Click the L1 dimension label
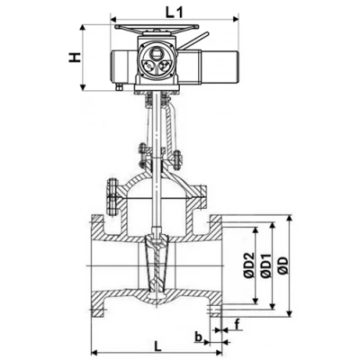[175, 13]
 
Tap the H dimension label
[75, 58]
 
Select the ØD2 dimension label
[248, 265]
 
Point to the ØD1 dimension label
[265, 265]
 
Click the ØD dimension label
[283, 265]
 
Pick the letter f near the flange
[238, 325]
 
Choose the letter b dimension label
[198, 337]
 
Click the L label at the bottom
[157, 346]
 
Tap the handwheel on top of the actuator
[157, 28]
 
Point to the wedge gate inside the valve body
[157, 264]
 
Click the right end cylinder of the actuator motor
[220, 67]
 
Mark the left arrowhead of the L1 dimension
[113, 20]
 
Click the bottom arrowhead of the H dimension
[83, 87]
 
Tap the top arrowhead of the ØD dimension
[289, 218]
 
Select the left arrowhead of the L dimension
[94, 352]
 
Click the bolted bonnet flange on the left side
[112, 197]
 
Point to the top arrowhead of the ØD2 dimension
[256, 229]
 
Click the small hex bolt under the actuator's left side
[119, 87]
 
